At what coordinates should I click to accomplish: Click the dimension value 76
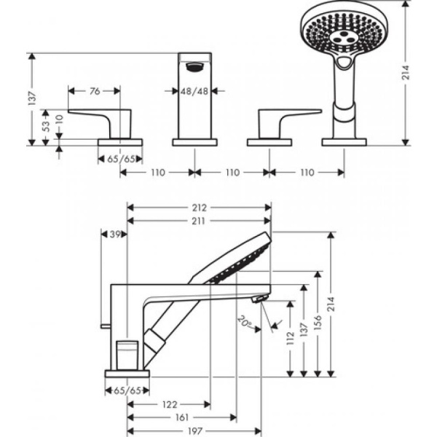pos(95,91)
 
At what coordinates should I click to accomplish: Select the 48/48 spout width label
pos(194,91)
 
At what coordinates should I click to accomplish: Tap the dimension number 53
pos(44,125)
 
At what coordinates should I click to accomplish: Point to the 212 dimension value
pos(199,207)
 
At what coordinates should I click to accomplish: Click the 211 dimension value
pos(199,220)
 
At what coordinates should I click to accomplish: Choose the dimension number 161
pos(181,417)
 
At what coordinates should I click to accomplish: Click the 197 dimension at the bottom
pos(194,430)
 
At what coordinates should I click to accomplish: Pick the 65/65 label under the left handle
pos(119,158)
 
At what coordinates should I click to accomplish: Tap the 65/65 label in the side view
pos(127,390)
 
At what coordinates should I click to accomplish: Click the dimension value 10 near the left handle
pos(58,119)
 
